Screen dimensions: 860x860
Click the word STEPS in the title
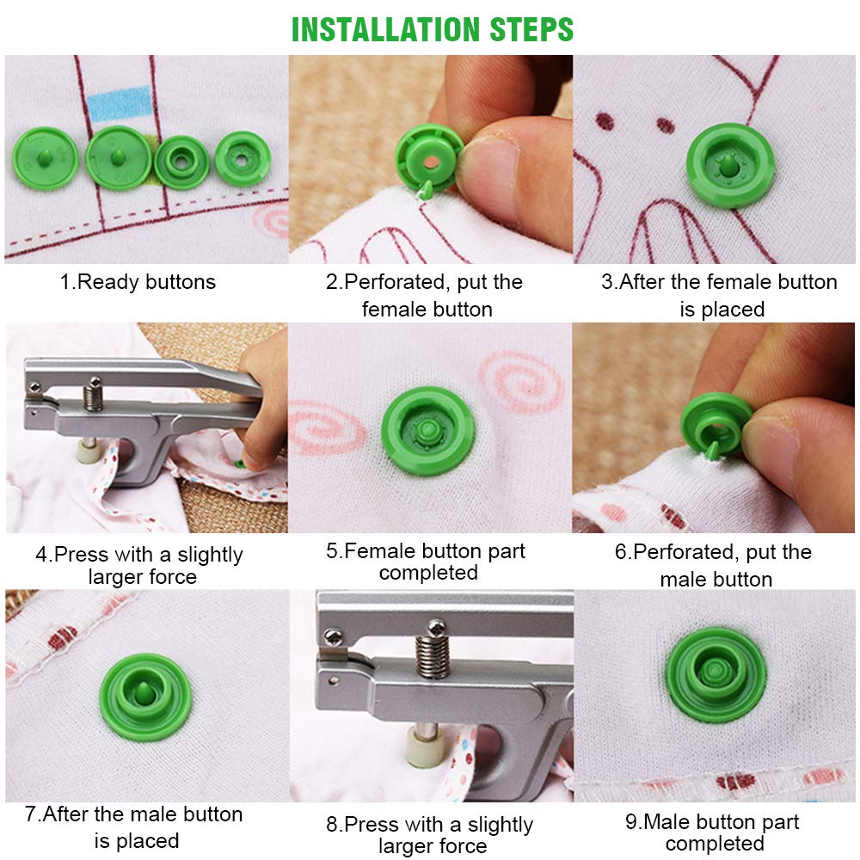tap(531, 29)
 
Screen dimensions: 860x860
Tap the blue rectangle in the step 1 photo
tap(120, 103)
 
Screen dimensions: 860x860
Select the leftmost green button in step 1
tap(45, 158)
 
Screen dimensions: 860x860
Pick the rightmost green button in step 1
tap(242, 159)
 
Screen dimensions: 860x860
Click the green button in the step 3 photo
tap(730, 165)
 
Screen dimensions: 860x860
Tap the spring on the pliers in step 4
tap(93, 396)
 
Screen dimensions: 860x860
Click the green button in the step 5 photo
tap(427, 431)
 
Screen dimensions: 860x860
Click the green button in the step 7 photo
tap(146, 697)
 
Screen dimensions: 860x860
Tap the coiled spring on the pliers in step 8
tap(433, 653)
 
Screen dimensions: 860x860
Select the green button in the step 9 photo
tap(716, 674)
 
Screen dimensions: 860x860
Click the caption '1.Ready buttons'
tap(138, 282)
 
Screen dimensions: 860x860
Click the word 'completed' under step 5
tap(428, 573)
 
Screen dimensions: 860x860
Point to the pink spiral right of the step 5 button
tap(521, 383)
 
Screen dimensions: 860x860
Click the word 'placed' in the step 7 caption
tap(145, 841)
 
